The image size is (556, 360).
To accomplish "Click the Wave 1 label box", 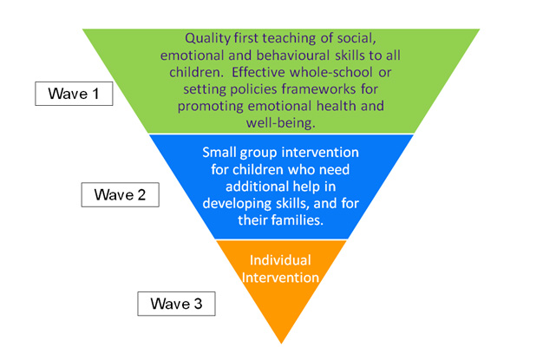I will tap(74, 94).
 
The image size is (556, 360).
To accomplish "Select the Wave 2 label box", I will tap(126, 193).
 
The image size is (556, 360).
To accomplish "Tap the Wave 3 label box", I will tap(176, 304).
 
